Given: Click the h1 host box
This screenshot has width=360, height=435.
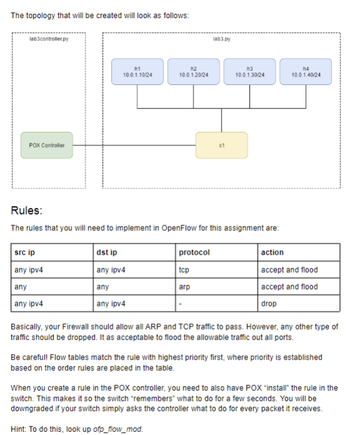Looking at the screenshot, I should [137, 72].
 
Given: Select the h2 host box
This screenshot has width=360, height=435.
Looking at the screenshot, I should [193, 72].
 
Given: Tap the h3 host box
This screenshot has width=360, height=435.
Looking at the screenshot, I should [250, 72].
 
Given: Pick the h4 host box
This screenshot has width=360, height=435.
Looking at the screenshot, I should [306, 72].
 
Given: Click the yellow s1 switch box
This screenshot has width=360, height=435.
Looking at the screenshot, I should [221, 145].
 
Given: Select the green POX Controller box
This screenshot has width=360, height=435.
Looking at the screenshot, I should [47, 145].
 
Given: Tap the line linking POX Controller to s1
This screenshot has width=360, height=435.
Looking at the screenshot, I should [134, 145].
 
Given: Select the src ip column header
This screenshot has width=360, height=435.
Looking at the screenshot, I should [24, 252].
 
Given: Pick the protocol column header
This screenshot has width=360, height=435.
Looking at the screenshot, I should [194, 252].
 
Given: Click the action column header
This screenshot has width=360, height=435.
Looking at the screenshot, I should [272, 252].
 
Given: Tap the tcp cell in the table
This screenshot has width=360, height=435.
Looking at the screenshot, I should [184, 270].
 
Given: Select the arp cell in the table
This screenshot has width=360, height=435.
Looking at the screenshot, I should [185, 286].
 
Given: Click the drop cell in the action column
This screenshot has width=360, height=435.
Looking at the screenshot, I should [269, 304].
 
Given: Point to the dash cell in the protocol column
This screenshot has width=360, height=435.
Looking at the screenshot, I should [180, 304].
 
